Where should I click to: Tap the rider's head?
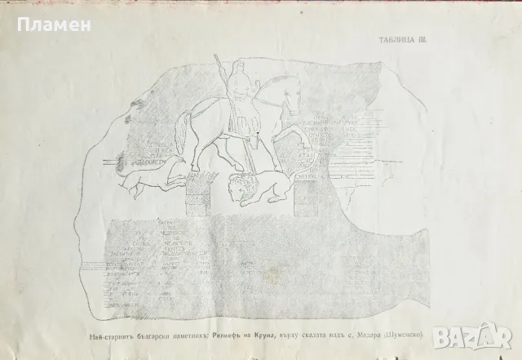237,71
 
